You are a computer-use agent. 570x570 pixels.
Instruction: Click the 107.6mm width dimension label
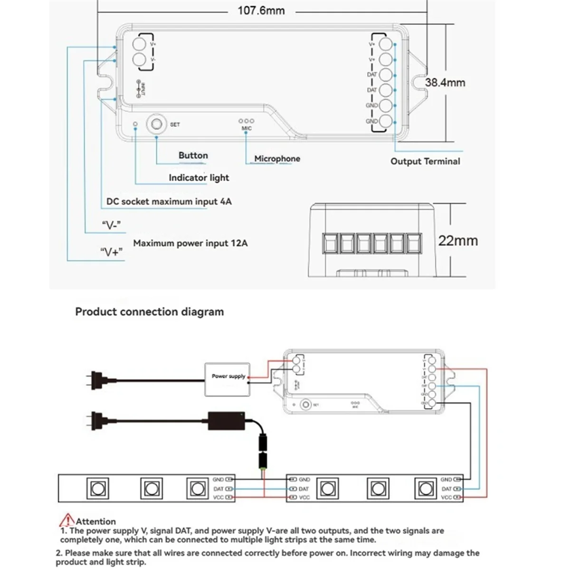[261, 10]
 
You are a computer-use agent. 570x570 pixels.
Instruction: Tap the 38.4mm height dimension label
[445, 82]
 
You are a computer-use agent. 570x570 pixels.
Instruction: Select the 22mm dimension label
[457, 240]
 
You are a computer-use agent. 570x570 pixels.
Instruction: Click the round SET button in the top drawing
[156, 124]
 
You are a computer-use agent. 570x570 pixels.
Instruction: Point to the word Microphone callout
[277, 159]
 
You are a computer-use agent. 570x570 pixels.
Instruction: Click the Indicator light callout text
[199, 178]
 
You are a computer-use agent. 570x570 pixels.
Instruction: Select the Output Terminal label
[425, 161]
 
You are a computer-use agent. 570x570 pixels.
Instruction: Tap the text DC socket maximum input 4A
[169, 201]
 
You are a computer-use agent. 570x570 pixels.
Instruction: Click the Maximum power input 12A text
[190, 243]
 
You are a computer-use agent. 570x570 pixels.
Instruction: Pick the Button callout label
[193, 155]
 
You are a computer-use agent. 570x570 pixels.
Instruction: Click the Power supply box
[228, 379]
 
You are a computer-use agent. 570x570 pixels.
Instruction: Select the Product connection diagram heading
[149, 312]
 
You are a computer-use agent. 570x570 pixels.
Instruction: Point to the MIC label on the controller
[247, 128]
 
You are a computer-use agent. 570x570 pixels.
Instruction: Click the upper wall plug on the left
[97, 380]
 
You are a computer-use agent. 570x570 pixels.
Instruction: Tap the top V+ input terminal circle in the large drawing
[138, 45]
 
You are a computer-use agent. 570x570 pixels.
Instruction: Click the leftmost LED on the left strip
[97, 488]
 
